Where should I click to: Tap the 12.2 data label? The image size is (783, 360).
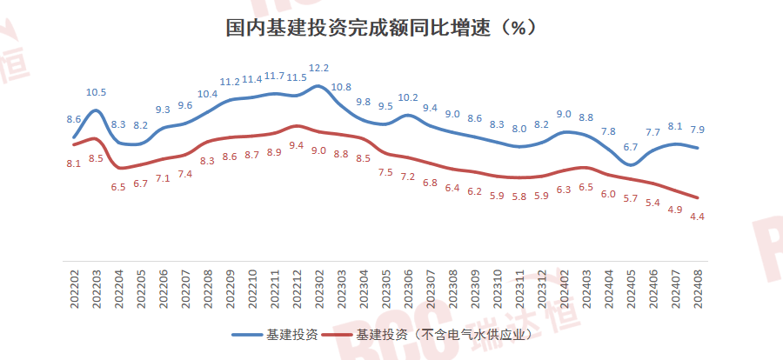tap(319, 68)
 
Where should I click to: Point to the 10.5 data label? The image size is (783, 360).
tap(96, 92)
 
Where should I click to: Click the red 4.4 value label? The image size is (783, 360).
tap(696, 217)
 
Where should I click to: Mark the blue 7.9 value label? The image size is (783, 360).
tap(696, 130)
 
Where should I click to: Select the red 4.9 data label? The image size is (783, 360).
tap(674, 209)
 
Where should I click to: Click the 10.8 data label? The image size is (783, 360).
tap(341, 87)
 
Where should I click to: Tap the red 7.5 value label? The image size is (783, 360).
tap(385, 172)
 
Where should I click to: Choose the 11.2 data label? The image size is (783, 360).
tap(230, 82)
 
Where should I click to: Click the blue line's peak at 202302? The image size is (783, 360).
tap(318, 86)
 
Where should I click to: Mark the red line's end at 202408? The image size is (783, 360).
tap(698, 197)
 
